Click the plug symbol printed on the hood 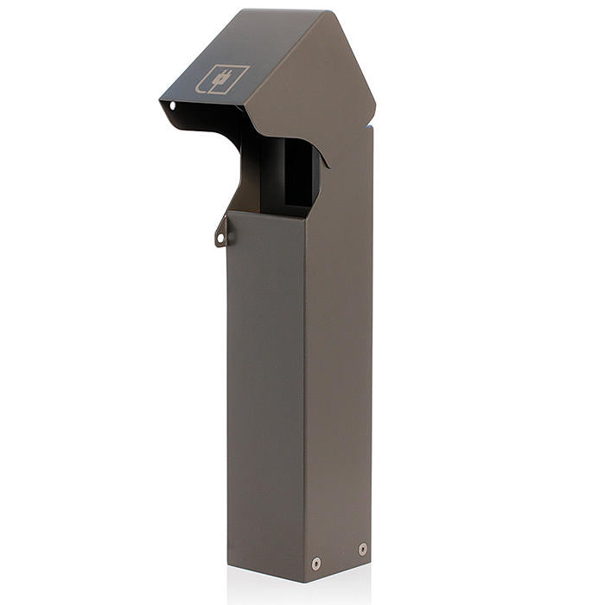pos(222,79)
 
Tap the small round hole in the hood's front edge pos(172,106)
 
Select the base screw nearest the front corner pos(315,563)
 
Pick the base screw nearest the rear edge pos(362,549)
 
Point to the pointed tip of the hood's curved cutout pos(327,166)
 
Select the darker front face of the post pos(264,389)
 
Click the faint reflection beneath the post pos(294,593)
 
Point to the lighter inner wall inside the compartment pos(268,173)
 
